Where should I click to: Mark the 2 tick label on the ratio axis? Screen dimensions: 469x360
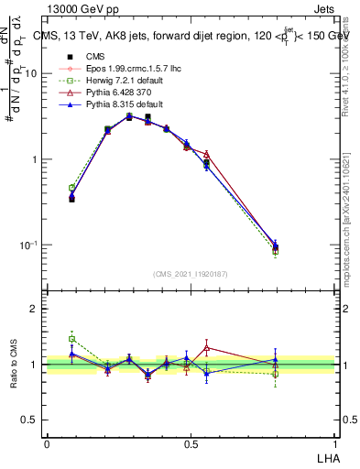tap(36, 309)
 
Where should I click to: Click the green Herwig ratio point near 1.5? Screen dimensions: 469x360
tap(72, 338)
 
